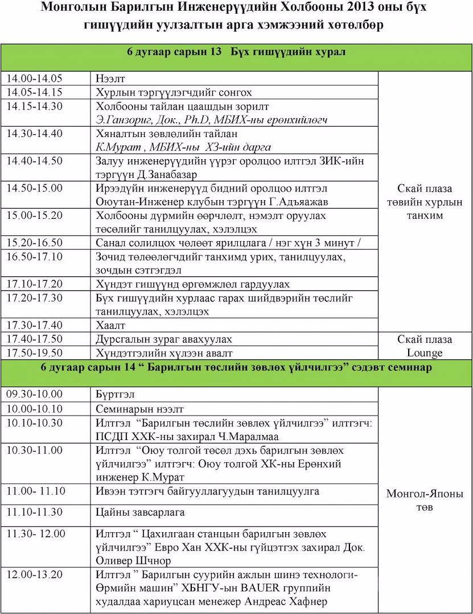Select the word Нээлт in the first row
click(x=110, y=79)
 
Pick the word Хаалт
click(x=110, y=325)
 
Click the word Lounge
click(x=425, y=353)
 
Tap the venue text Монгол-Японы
click(x=425, y=493)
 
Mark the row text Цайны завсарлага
click(x=140, y=512)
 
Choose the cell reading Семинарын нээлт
click(x=140, y=409)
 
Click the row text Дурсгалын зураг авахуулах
click(x=164, y=339)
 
